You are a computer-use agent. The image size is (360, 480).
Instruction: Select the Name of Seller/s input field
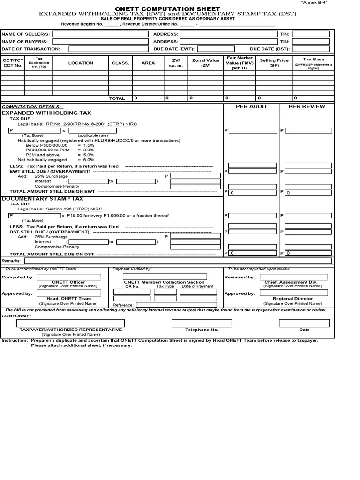click(99, 34)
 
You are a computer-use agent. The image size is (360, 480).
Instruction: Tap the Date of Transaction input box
click(107, 49)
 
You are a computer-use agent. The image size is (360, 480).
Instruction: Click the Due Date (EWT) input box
click(220, 49)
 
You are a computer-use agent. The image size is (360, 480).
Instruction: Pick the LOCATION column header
click(81, 63)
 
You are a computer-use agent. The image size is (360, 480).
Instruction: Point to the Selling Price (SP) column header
click(274, 63)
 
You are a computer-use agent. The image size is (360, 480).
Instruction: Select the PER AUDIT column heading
click(251, 106)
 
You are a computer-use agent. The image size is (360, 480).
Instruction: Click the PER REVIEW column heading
click(307, 106)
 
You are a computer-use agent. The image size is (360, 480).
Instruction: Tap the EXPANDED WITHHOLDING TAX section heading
click(47, 113)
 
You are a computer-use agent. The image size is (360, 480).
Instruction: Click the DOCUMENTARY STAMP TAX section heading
click(43, 199)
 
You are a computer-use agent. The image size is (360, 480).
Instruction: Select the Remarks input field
click(178, 261)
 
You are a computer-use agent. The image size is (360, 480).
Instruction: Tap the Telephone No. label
click(202, 330)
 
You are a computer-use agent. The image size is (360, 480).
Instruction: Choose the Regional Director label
click(293, 299)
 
